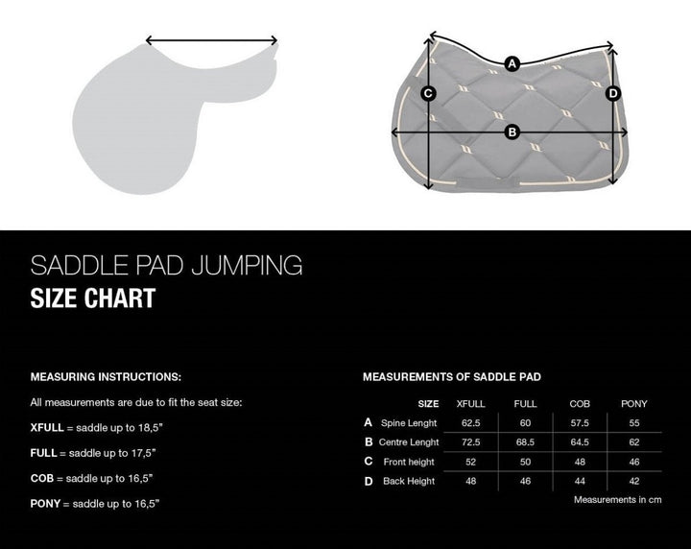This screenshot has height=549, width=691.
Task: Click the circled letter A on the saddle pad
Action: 512,63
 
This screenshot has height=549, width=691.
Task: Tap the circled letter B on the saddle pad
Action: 512,131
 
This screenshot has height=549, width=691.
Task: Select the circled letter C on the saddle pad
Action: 429,93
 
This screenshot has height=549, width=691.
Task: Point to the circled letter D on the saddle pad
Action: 613,93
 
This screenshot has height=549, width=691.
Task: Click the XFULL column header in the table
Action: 470,404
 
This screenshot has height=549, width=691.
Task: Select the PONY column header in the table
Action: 634,404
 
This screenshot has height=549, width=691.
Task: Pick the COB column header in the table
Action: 580,404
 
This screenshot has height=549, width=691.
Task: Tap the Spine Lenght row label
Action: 409,423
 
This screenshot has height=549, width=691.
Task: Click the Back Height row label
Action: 408,481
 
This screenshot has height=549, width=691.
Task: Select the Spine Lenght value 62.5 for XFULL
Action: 470,423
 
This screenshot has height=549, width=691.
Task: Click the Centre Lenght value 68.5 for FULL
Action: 525,442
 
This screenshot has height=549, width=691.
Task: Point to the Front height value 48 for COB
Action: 580,462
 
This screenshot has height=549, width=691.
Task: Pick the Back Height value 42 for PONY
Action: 634,481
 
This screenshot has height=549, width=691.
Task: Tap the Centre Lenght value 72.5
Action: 470,442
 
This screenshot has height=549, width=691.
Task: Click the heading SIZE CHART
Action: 92,298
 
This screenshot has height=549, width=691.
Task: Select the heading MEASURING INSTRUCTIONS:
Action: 106,377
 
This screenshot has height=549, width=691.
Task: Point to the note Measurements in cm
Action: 618,500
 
